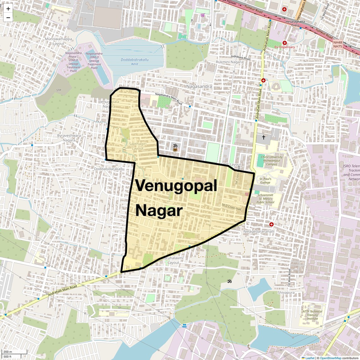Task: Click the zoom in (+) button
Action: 8,9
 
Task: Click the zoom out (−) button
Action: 8,17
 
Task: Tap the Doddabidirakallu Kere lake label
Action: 135,62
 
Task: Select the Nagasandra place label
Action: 199,86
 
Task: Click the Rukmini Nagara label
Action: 230,62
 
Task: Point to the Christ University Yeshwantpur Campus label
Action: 272,160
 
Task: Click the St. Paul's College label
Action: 265,181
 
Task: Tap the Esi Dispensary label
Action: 285,47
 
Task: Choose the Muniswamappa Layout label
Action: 58,41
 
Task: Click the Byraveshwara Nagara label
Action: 69,138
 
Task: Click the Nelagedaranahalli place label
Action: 259,231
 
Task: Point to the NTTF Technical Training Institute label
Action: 312,315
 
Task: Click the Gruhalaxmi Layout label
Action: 173,260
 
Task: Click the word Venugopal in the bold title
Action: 176,186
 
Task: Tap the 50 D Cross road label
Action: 231,207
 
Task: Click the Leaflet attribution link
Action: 309,358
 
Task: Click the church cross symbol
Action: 264,137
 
